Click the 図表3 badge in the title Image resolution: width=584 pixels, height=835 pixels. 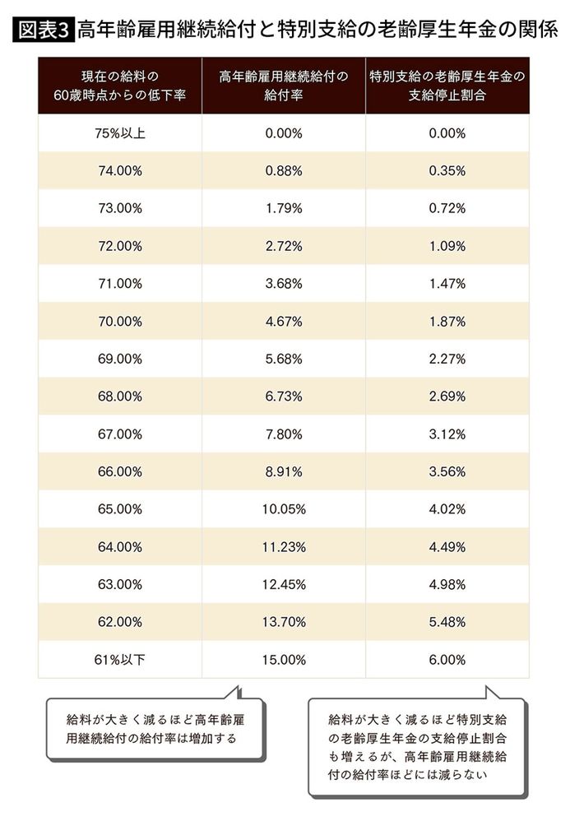44,30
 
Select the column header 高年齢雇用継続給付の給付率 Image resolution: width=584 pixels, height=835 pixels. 284,86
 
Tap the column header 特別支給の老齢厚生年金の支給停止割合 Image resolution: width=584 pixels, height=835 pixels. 447,86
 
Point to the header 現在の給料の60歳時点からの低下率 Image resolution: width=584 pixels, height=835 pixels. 119,86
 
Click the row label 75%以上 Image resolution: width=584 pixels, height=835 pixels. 119,133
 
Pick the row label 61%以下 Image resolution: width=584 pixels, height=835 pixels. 119,660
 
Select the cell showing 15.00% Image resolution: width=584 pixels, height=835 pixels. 284,660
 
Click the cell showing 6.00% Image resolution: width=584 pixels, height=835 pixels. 447,660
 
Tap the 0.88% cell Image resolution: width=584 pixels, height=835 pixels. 284,171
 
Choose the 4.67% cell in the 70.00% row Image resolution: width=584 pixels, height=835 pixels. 284,322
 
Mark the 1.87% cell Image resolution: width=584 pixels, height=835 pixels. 447,322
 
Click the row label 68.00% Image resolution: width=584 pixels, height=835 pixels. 119,397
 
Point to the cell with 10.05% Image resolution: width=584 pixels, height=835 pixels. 284,509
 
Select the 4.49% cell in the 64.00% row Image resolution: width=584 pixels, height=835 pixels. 447,547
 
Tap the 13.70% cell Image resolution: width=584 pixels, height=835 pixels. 284,622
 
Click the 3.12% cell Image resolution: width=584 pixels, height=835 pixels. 447,434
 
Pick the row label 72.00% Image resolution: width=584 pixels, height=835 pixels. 119,246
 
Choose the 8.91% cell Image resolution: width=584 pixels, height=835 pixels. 284,472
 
